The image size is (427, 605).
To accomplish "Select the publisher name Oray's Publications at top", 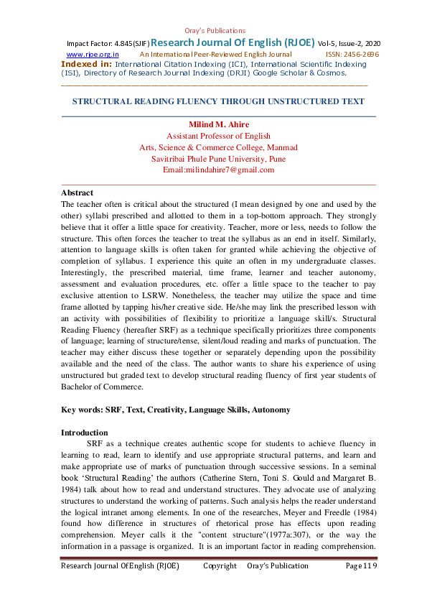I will pyautogui.click(x=214, y=31).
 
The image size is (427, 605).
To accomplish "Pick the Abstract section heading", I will pyautogui.click(x=77, y=193).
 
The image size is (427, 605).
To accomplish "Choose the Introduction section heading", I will pyautogui.click(x=84, y=433).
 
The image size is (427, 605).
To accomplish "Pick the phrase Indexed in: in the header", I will pyautogui.click(x=86, y=64).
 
